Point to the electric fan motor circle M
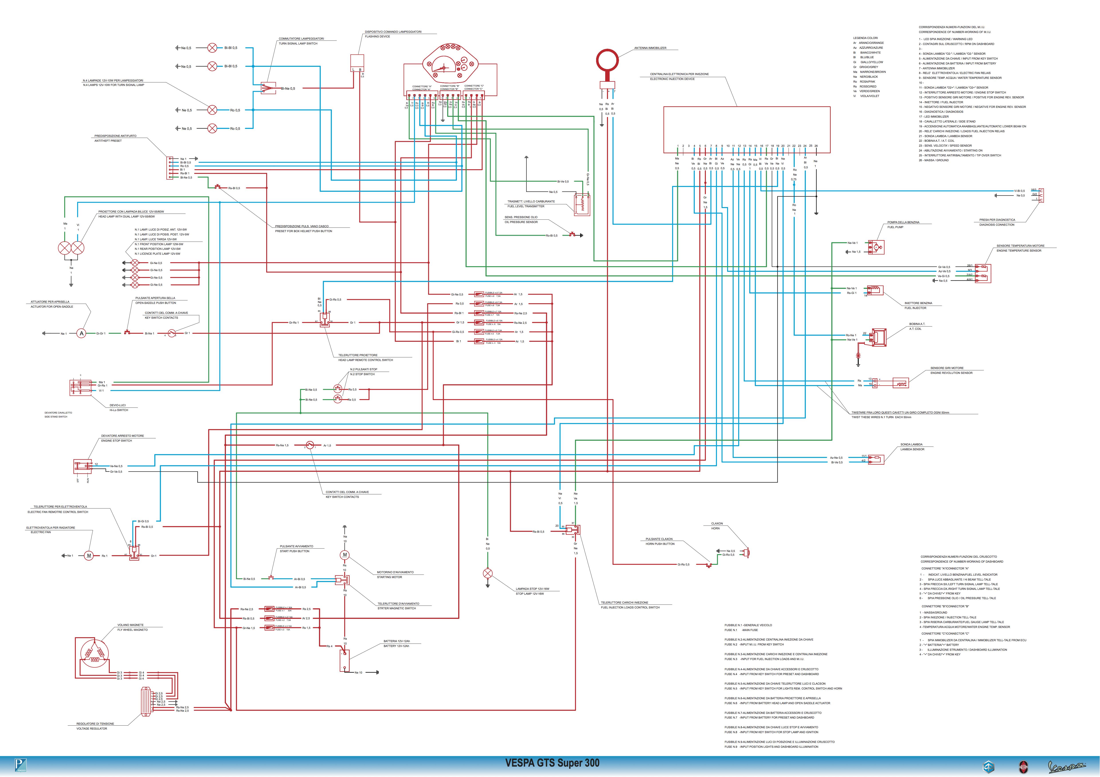(x=89, y=556)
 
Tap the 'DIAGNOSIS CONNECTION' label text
(x=996, y=225)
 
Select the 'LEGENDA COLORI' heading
(x=865, y=38)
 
